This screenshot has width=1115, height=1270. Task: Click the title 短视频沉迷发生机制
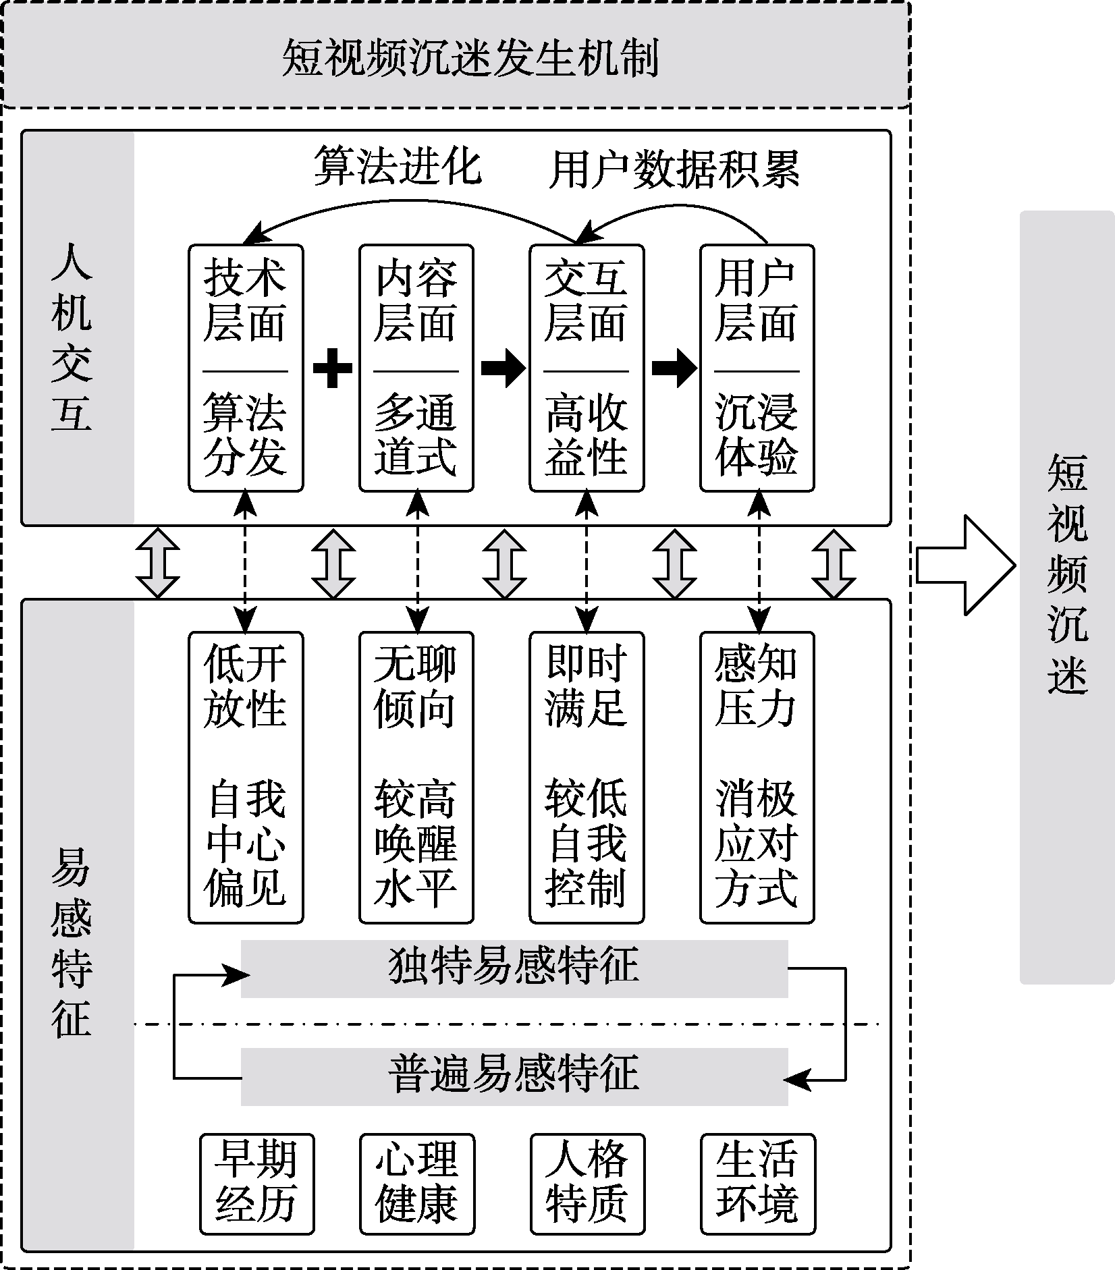coord(470,58)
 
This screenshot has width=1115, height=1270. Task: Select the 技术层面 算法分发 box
coord(246,368)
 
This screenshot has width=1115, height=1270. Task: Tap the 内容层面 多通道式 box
coord(416,368)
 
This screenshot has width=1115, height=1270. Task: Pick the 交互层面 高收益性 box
coord(587,368)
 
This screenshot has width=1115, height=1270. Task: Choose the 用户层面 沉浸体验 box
coord(757,368)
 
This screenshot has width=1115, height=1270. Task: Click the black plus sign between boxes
coord(333,368)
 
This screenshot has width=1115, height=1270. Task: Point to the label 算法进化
coord(398,167)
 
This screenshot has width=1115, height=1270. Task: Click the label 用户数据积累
coord(674,169)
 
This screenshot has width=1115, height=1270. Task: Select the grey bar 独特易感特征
coord(514,968)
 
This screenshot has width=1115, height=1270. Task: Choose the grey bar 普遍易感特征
coord(514,1076)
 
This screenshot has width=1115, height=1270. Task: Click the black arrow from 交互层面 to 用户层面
coord(674,368)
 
